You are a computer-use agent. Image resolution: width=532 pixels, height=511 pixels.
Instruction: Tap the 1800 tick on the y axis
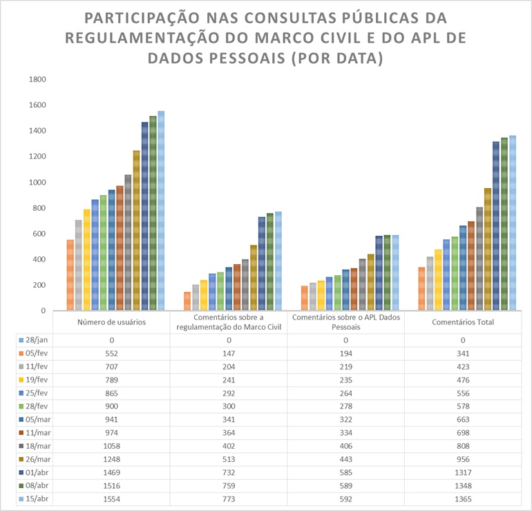[x=37, y=80]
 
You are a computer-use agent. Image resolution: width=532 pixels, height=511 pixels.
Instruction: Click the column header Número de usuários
[x=115, y=322]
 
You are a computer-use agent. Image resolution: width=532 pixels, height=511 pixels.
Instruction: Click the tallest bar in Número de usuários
[x=161, y=211]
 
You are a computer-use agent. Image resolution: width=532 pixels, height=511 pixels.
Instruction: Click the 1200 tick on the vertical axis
[x=37, y=156]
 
